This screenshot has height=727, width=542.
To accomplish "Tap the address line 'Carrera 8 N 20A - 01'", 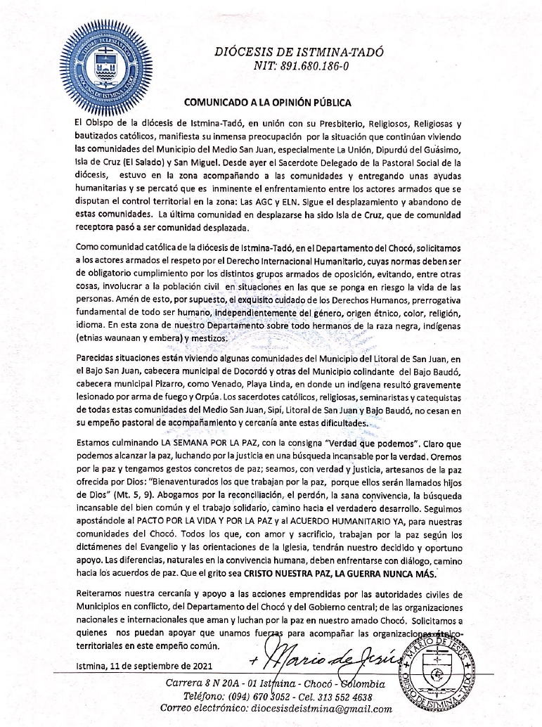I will point(214,683).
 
